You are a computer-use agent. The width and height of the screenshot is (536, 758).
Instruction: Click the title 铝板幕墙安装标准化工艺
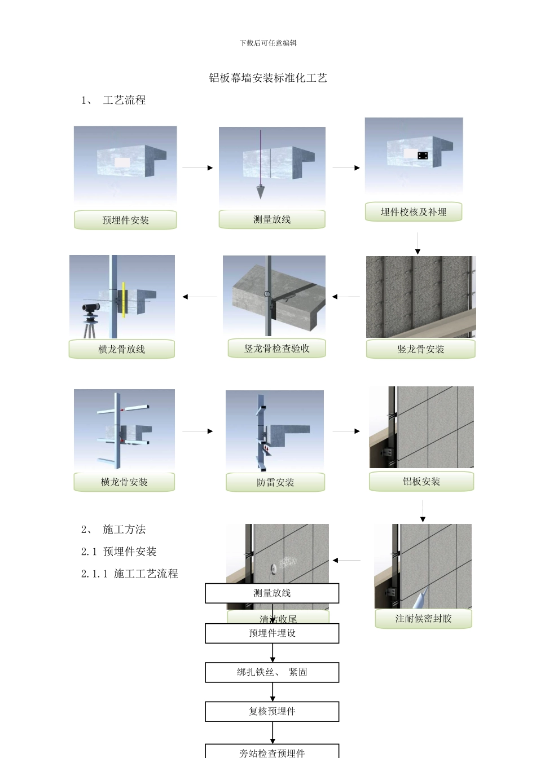coord(268,78)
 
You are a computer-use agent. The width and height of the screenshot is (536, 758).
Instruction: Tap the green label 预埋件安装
coord(125,220)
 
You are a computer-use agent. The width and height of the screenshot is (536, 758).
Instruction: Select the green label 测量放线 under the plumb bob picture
coord(272,219)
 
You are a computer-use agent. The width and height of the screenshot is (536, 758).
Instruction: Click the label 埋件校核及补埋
coord(414,212)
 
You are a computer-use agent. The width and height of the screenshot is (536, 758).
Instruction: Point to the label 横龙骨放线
coord(122,349)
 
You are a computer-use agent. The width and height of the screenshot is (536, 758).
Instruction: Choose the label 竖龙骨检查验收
coord(276,349)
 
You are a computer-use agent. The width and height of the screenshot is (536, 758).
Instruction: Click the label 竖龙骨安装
coord(421,349)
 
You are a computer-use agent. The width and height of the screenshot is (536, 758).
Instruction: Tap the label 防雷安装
coord(275,482)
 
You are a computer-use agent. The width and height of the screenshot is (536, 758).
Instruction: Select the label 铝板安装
coord(421,482)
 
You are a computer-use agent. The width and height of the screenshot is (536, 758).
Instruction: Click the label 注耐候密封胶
coord(423,619)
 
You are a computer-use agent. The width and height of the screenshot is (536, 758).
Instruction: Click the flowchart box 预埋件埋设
coord(272,633)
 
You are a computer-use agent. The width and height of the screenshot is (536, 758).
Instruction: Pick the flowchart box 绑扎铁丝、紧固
coord(272,672)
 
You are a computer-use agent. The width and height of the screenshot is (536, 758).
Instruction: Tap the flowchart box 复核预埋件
coord(272,712)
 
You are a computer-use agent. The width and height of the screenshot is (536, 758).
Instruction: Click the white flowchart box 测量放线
coord(272,593)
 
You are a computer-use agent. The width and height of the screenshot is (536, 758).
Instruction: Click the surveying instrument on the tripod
coord(90,308)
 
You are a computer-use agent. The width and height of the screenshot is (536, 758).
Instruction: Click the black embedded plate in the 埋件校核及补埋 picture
coord(423,156)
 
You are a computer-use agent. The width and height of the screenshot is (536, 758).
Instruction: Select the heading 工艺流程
coord(124,100)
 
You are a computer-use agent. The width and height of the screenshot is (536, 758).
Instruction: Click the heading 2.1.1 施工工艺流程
coord(130,574)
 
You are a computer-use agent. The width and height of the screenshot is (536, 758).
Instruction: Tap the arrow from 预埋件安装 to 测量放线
coord(197,168)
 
